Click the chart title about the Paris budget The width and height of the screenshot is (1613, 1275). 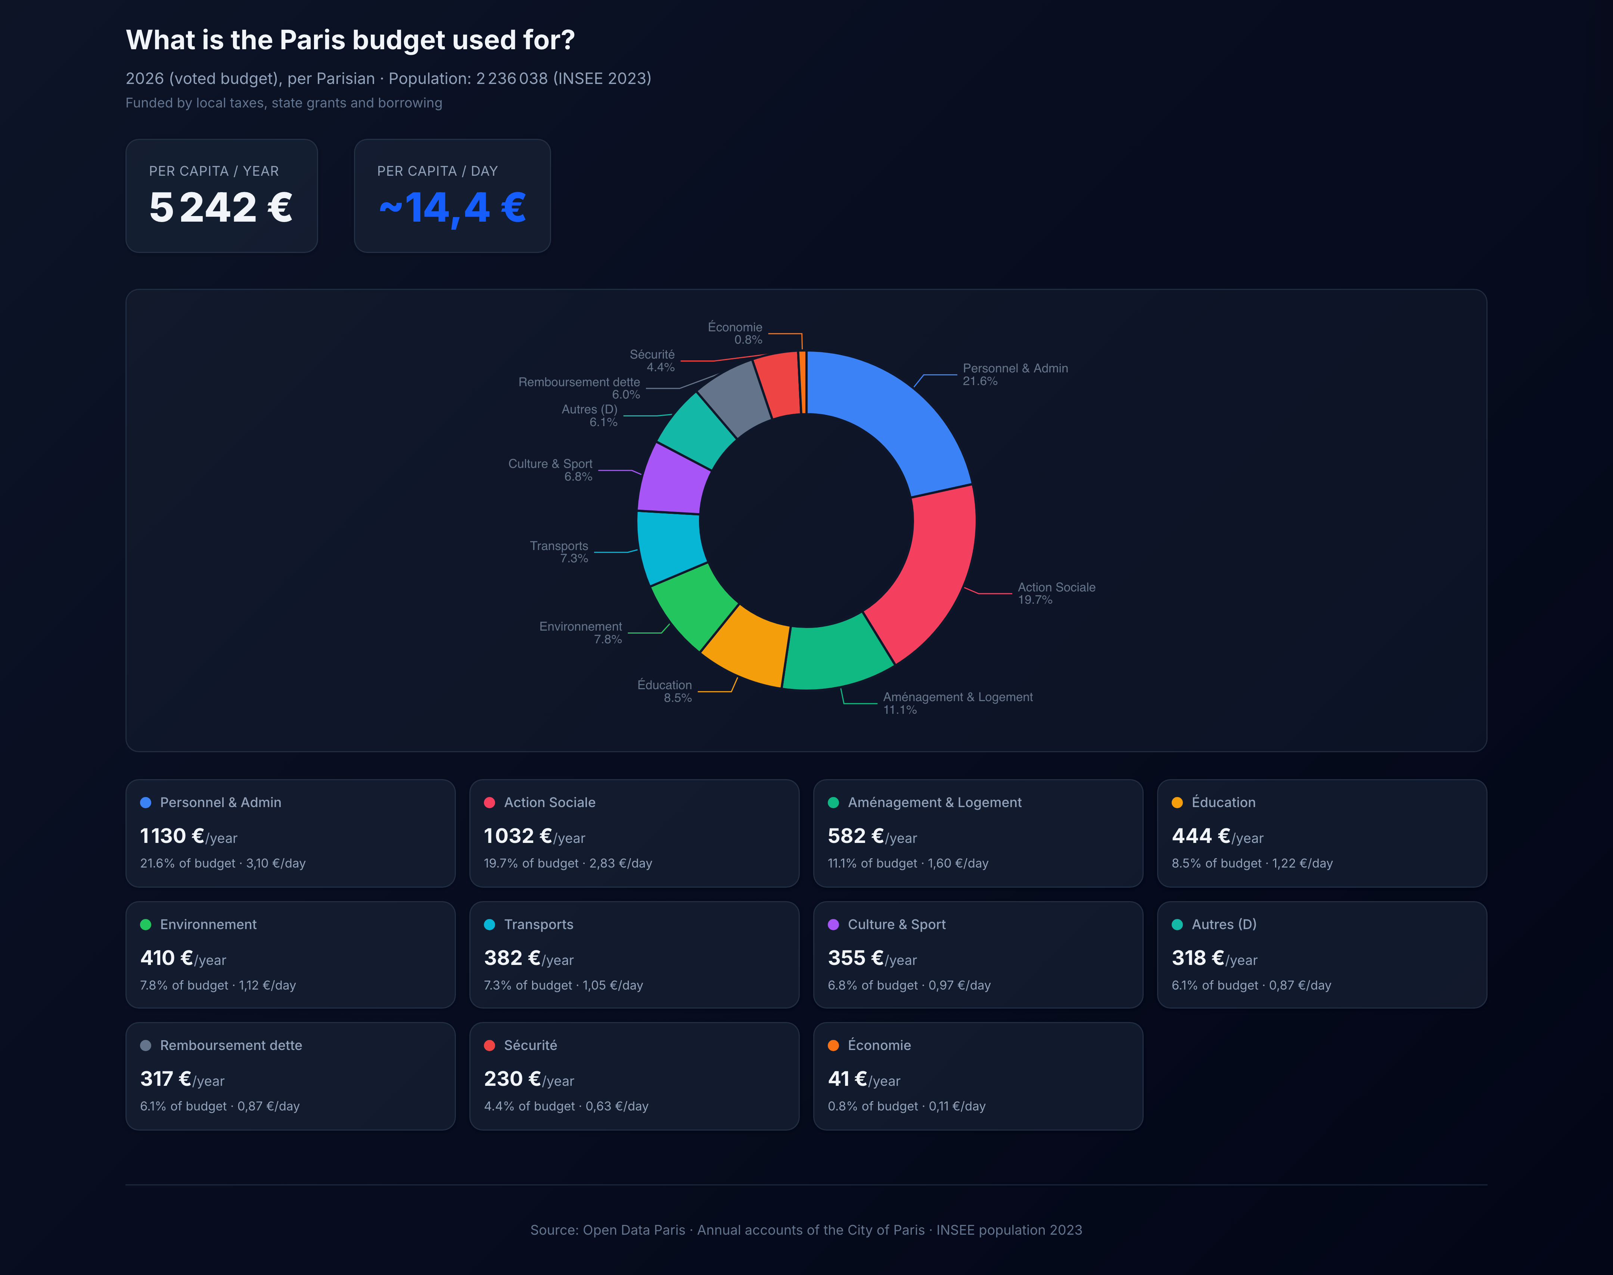(x=350, y=40)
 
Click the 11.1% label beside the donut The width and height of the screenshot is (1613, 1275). (x=900, y=710)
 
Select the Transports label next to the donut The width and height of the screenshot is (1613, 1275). (x=559, y=546)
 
